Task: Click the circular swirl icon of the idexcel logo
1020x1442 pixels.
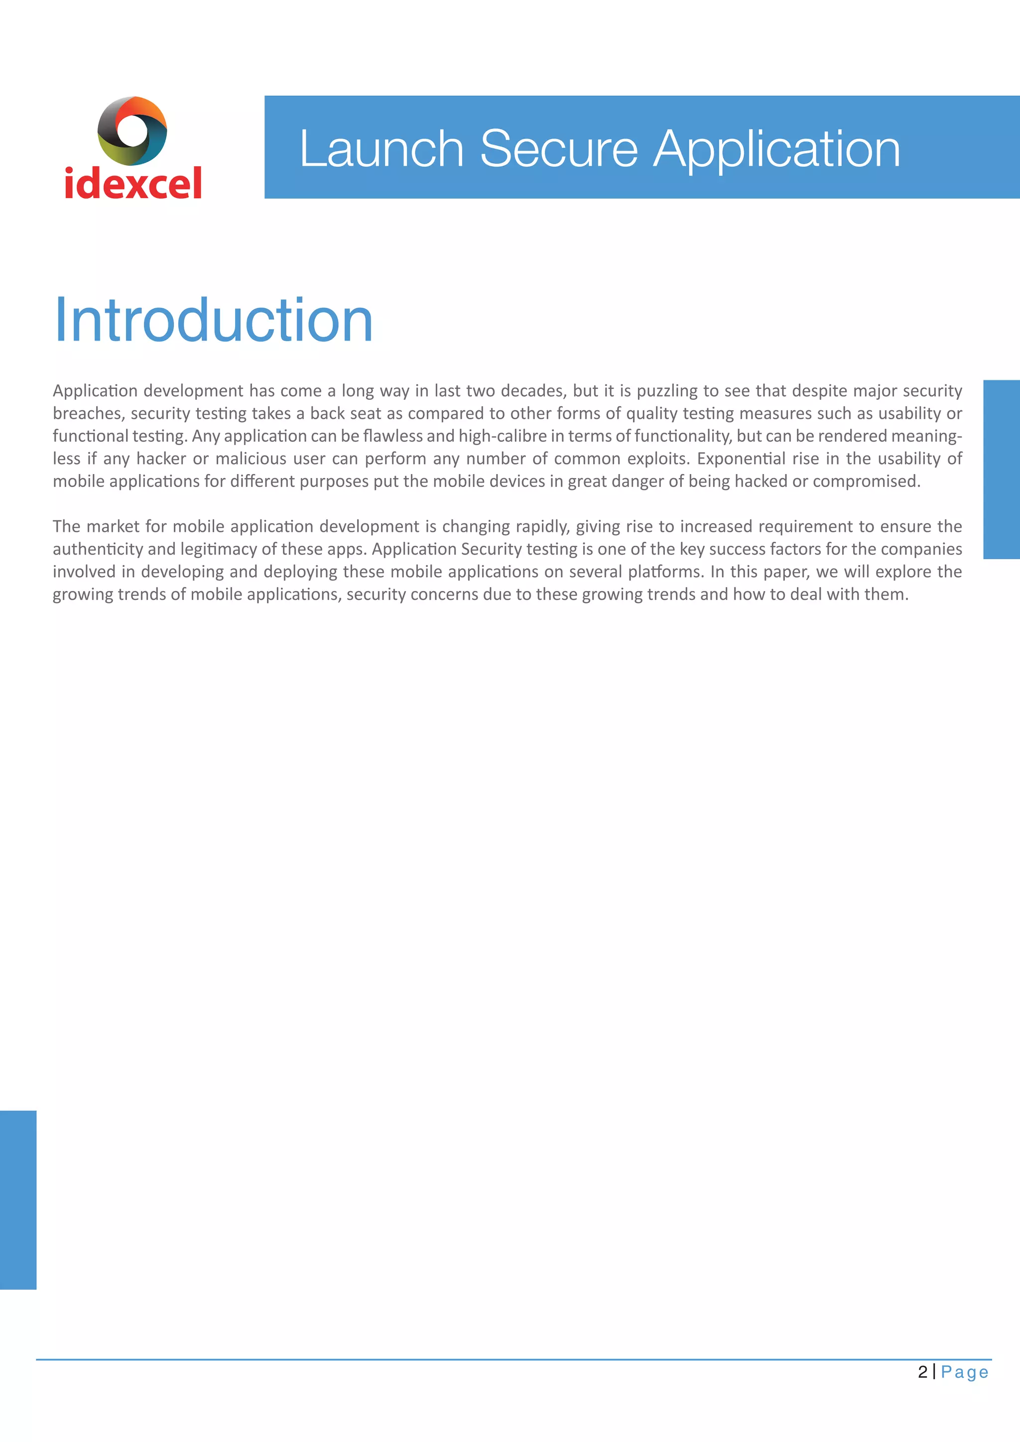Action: (132, 130)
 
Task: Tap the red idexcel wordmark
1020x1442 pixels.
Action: (133, 183)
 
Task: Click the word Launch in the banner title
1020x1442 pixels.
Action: (381, 149)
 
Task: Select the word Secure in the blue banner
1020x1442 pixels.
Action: (558, 149)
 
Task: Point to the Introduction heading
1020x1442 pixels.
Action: (214, 320)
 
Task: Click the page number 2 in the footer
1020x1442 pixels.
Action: (922, 1372)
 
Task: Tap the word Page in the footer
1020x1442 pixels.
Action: (965, 1372)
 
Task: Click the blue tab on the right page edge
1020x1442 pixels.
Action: (1001, 469)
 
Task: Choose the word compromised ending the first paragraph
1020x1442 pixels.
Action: (866, 481)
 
